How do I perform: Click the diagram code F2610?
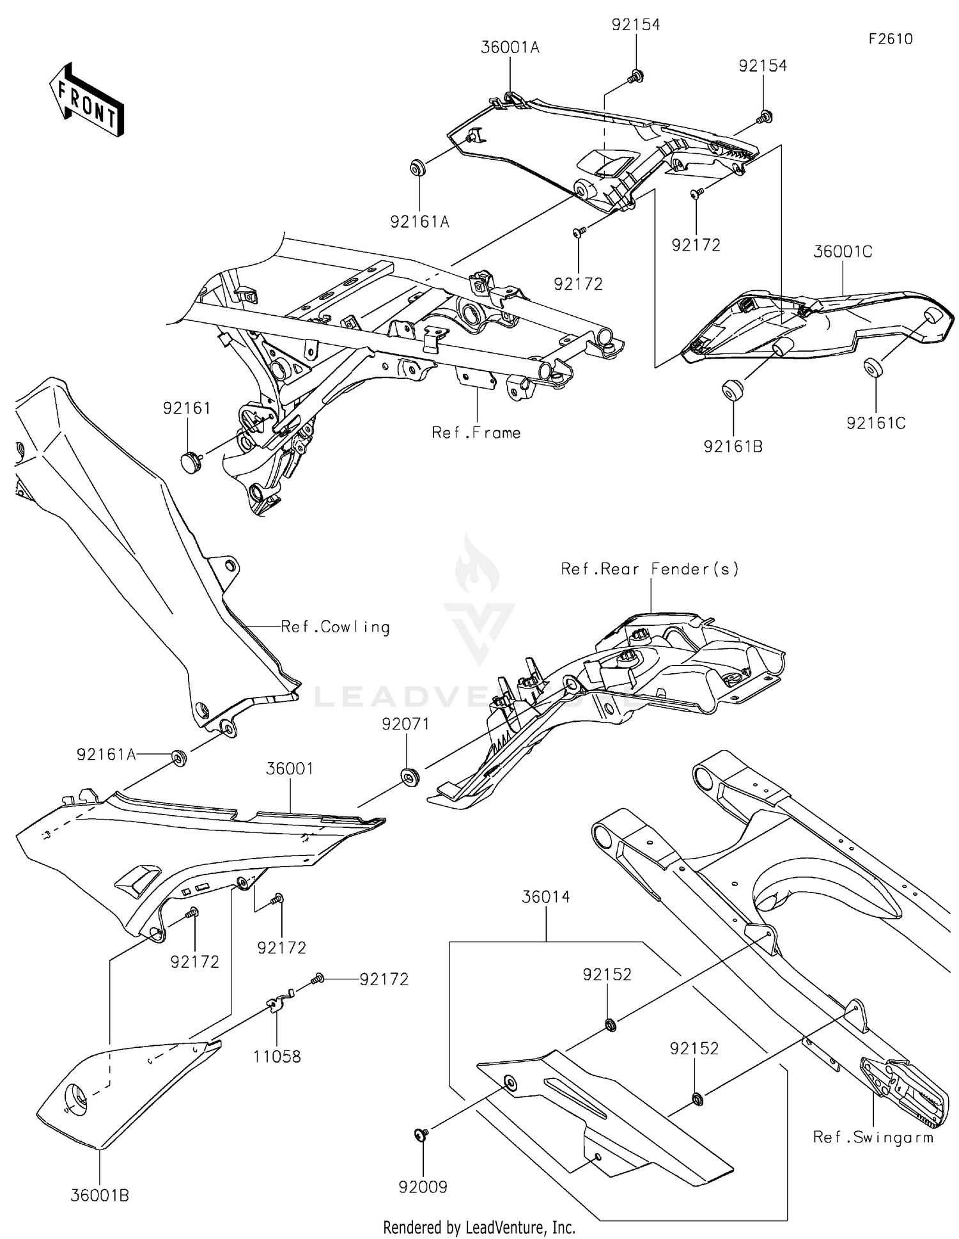pyautogui.click(x=891, y=39)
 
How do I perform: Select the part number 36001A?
pyautogui.click(x=510, y=47)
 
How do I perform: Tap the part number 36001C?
pyautogui.click(x=843, y=252)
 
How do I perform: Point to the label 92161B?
pyautogui.click(x=733, y=447)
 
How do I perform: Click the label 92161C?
pyautogui.click(x=876, y=423)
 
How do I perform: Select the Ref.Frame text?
pyautogui.click(x=476, y=433)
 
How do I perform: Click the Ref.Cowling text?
pyautogui.click(x=336, y=627)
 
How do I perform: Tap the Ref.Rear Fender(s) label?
pyautogui.click(x=650, y=569)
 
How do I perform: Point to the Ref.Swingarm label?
pyautogui.click(x=873, y=1137)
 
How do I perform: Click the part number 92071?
pyautogui.click(x=406, y=724)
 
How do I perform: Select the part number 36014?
pyautogui.click(x=546, y=897)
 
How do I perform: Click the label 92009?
pyautogui.click(x=423, y=1187)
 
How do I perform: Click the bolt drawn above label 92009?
pyautogui.click(x=421, y=1134)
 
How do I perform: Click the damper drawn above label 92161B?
pyautogui.click(x=732, y=389)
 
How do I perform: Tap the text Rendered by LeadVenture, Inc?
pyautogui.click(x=479, y=1227)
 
